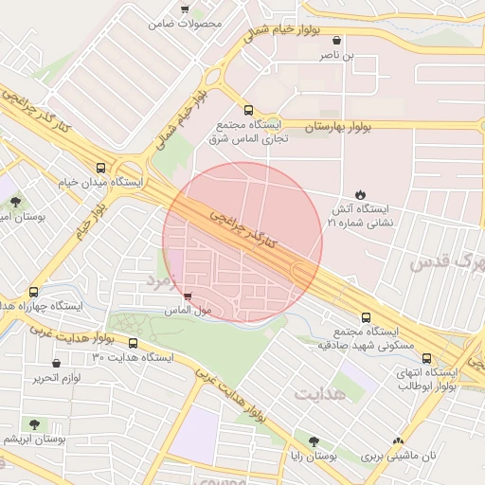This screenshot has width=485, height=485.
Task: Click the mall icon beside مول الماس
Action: coord(188,296)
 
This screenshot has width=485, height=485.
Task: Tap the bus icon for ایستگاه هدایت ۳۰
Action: coord(133,343)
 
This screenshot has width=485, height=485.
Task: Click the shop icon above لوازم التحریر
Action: coord(57,364)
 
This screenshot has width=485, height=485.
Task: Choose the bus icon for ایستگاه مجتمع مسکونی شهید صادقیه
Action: coord(367,318)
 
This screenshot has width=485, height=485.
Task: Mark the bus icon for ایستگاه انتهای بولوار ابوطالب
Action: coord(427,359)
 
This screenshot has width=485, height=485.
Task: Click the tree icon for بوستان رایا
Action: coord(314,440)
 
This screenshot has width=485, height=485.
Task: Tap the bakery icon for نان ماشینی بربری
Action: coord(399,440)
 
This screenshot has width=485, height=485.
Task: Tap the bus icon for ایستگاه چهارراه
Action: coord(34,292)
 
